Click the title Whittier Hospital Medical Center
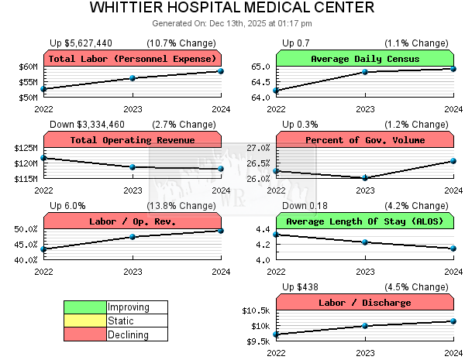pyautogui.click(x=232, y=9)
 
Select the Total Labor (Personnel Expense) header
pyautogui.click(x=133, y=59)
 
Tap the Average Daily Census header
pyautogui.click(x=364, y=59)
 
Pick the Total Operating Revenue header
pyautogui.click(x=133, y=140)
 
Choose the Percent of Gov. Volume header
pyautogui.click(x=364, y=140)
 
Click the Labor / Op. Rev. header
pyautogui.click(x=133, y=221)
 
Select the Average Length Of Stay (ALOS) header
pyautogui.click(x=364, y=221)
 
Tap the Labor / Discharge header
pyautogui.click(x=364, y=303)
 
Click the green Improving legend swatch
pyautogui.click(x=85, y=307)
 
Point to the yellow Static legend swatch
pyautogui.click(x=85, y=321)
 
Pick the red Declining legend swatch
pyautogui.click(x=85, y=334)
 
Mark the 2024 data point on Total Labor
pyautogui.click(x=221, y=71)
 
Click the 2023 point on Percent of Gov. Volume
pyautogui.click(x=364, y=178)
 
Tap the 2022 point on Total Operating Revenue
pyautogui.click(x=44, y=158)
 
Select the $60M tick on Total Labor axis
pyautogui.click(x=28, y=67)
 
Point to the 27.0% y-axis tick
pyautogui.click(x=258, y=148)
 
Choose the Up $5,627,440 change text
pyautogui.click(x=81, y=43)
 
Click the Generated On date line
pyautogui.click(x=232, y=24)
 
